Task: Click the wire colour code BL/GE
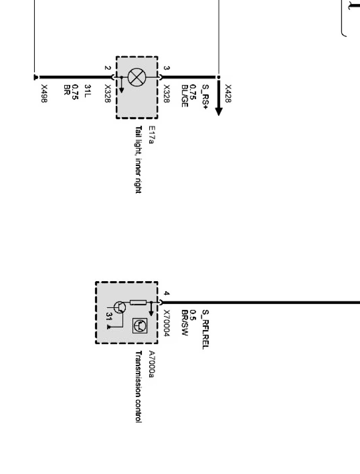coord(185,96)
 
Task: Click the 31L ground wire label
coord(87,91)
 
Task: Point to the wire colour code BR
coord(67,90)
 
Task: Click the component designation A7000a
coord(151,365)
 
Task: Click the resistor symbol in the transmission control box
coord(138,303)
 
